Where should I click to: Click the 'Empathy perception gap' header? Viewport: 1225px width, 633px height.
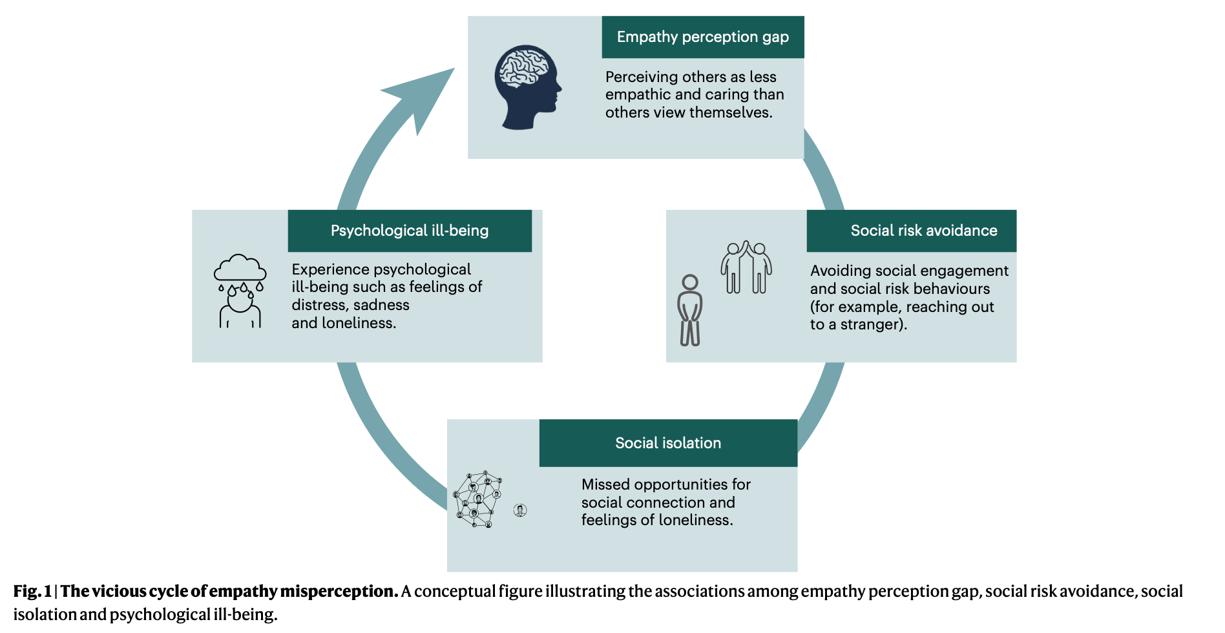coord(702,37)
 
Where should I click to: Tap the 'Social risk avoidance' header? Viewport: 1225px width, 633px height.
coord(923,231)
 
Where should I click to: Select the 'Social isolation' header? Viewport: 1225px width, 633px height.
coord(667,443)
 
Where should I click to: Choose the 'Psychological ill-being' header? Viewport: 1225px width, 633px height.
coord(409,231)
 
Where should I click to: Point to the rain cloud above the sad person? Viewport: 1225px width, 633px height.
coord(240,269)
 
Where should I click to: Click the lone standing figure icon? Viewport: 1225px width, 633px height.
coord(690,310)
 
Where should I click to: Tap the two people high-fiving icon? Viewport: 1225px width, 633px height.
coord(746,267)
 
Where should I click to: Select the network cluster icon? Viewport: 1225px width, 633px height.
coord(478,499)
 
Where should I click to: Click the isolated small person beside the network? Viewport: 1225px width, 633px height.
coord(520,511)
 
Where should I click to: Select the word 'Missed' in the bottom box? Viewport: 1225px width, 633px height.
coord(603,484)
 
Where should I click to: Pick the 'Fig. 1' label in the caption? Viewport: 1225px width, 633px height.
coord(32,592)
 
